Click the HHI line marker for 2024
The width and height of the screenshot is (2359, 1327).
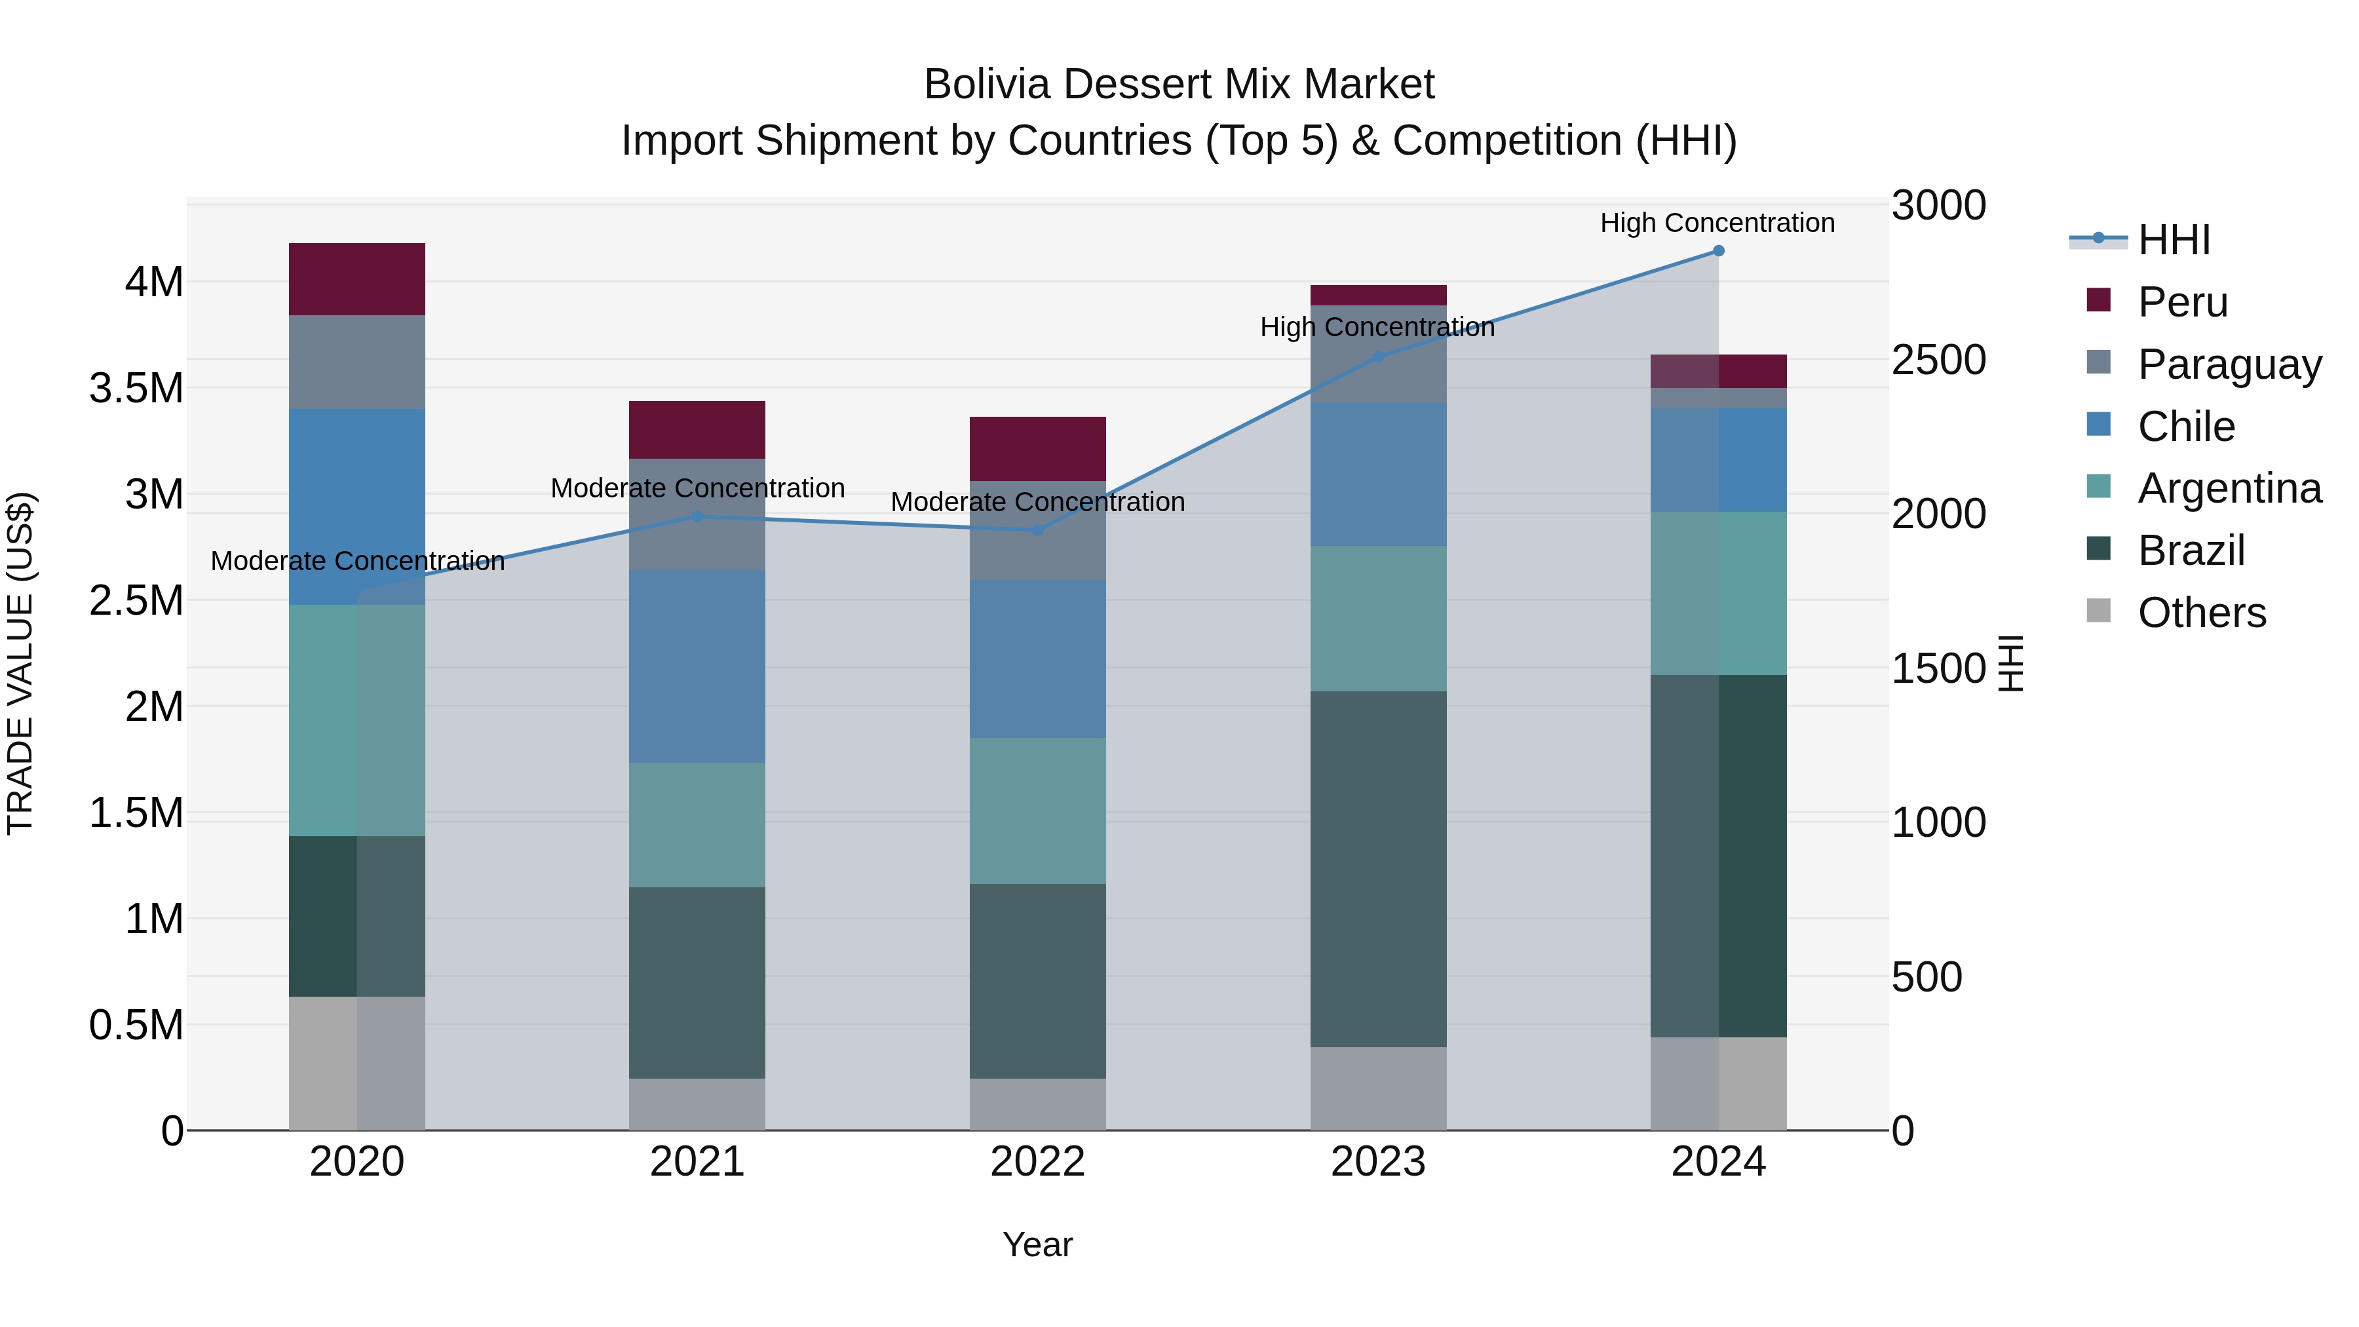point(1718,251)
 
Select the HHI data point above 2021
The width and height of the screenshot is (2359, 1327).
point(697,516)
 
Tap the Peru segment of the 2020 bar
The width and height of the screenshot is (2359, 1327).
point(357,279)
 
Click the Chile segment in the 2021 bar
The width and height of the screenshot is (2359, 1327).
point(697,666)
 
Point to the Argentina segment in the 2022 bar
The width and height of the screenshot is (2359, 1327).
point(1037,811)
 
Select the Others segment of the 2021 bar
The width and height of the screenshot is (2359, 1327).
point(697,1104)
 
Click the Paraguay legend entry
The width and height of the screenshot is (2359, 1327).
point(2229,364)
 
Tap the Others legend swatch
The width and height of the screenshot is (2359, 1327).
point(2098,611)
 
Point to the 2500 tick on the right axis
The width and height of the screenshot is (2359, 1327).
point(1938,360)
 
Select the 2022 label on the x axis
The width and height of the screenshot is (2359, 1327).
point(1037,1162)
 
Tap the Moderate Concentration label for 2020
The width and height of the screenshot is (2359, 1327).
point(357,560)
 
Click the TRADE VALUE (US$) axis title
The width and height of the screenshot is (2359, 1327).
point(21,663)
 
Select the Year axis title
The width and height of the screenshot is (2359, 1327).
point(1037,1244)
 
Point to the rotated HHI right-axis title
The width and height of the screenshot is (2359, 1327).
point(2010,663)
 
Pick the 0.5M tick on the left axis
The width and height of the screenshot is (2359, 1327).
point(136,1026)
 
